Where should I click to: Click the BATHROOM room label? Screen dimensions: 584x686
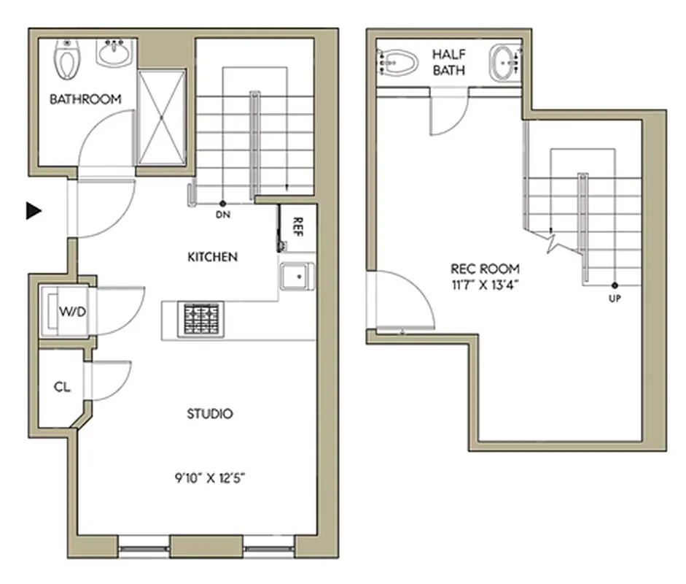click(x=85, y=99)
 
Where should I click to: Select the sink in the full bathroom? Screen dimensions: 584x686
click(x=114, y=53)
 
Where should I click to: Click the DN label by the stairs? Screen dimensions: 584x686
click(x=223, y=215)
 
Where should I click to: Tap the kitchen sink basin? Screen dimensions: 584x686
click(x=297, y=277)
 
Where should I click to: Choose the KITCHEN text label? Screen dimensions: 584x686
click(x=213, y=257)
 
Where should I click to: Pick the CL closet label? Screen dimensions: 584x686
click(x=63, y=387)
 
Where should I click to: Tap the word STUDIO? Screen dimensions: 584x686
click(x=210, y=414)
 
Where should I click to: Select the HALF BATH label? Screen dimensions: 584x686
click(x=449, y=62)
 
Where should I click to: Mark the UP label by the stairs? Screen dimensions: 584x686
click(x=615, y=298)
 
